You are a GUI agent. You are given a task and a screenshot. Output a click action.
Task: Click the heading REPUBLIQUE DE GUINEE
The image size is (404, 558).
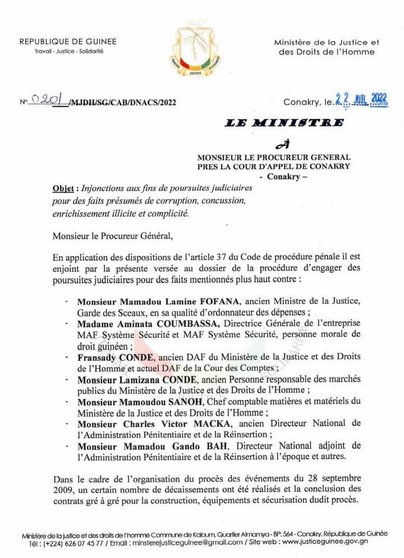tap(68, 42)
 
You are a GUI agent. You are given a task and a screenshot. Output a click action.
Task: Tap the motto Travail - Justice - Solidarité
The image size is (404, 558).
tap(68, 51)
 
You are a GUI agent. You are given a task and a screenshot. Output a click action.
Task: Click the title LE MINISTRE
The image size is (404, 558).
tap(285, 123)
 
